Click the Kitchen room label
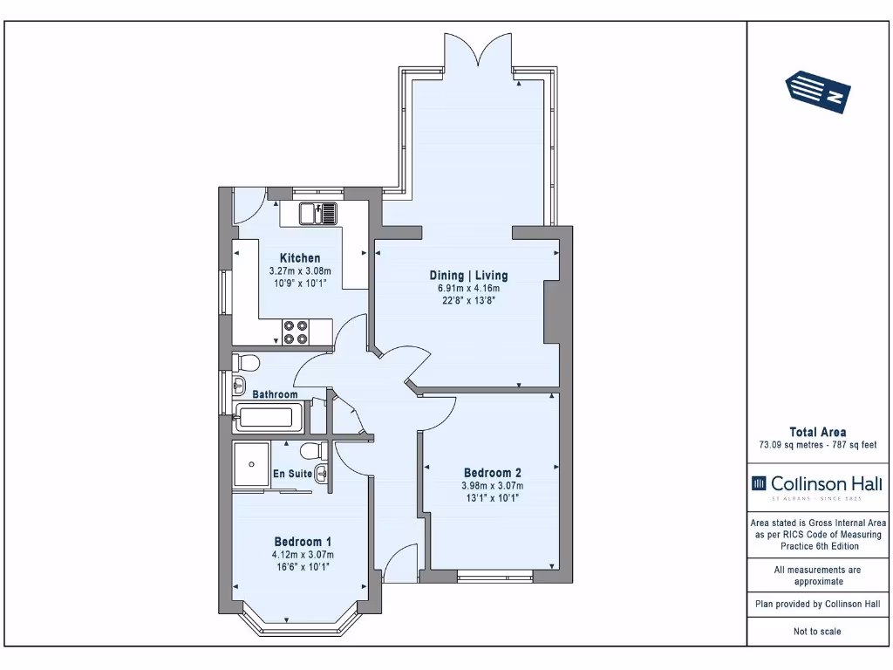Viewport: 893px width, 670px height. (300, 258)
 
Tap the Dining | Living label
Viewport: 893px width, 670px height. (468, 276)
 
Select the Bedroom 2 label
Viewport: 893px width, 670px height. (493, 473)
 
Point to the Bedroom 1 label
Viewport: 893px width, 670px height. (303, 542)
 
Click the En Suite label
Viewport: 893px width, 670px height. (293, 474)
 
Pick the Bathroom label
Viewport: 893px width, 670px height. (275, 394)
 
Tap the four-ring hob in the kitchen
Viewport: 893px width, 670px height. (296, 332)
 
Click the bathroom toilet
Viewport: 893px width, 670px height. (246, 362)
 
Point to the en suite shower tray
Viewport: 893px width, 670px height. (250, 464)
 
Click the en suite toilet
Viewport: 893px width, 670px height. (314, 451)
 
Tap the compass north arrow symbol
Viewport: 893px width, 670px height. (818, 92)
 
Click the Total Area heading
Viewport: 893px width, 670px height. (817, 433)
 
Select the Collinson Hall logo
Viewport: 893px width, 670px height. (817, 487)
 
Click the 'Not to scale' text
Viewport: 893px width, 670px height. (817, 632)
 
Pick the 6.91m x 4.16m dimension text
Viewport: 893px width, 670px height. (468, 288)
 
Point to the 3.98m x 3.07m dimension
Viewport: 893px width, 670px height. (493, 486)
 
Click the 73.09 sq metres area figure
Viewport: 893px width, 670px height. (787, 445)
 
